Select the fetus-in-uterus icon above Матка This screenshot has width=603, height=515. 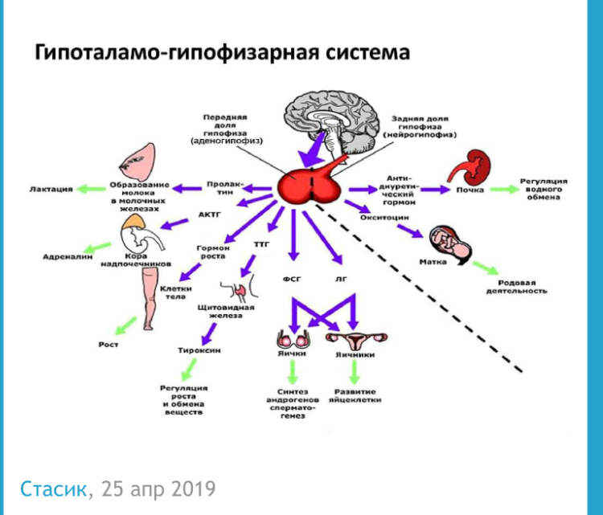[443, 239]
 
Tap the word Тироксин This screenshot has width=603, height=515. [200, 350]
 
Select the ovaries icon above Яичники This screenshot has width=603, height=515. [354, 340]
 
